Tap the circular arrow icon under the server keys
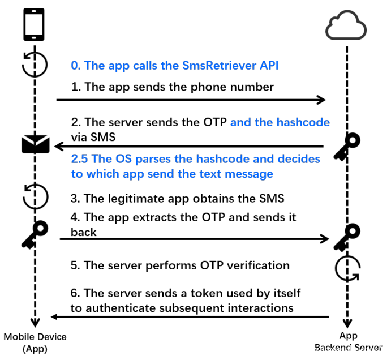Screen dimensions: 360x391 (x=347, y=268)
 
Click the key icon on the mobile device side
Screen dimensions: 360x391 (x=35, y=234)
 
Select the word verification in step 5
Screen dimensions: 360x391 (x=257, y=265)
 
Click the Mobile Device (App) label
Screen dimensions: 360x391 (x=35, y=342)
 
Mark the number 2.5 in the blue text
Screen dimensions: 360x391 (x=80, y=158)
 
